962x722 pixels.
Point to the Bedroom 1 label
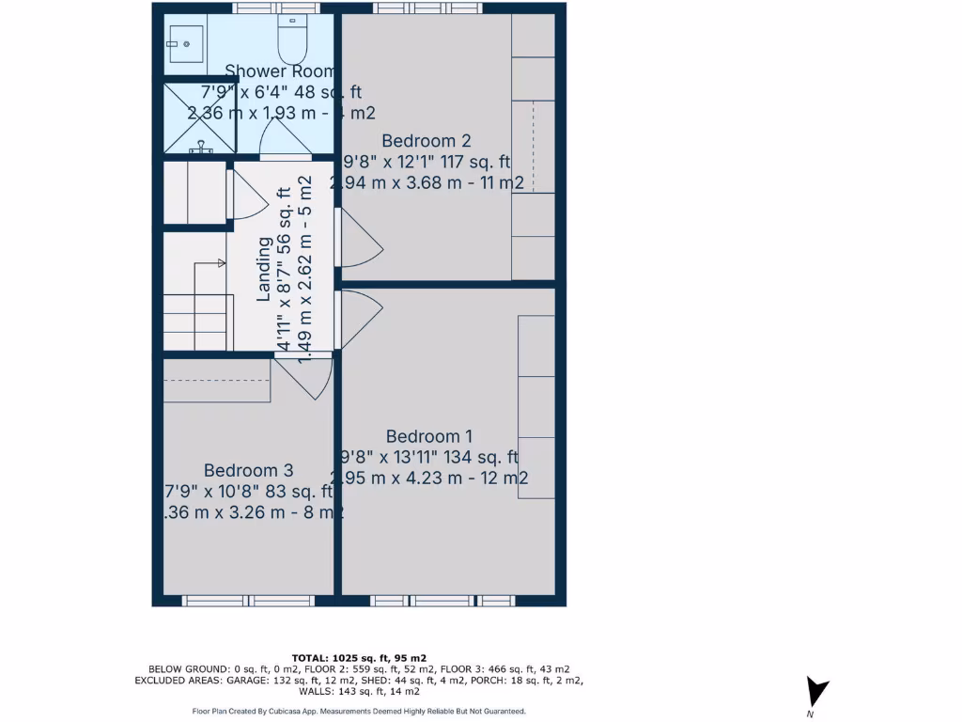428,436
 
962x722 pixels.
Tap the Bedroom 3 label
249,470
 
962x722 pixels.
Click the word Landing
264,269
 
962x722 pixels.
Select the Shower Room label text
280,71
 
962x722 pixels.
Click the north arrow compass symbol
817,694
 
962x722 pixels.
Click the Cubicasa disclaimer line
359,712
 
